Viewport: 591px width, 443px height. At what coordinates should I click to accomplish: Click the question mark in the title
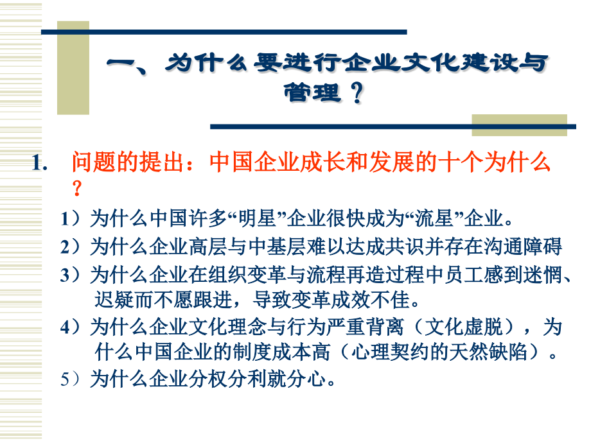[355, 94]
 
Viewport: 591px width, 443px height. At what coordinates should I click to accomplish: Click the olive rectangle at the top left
[73, 67]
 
